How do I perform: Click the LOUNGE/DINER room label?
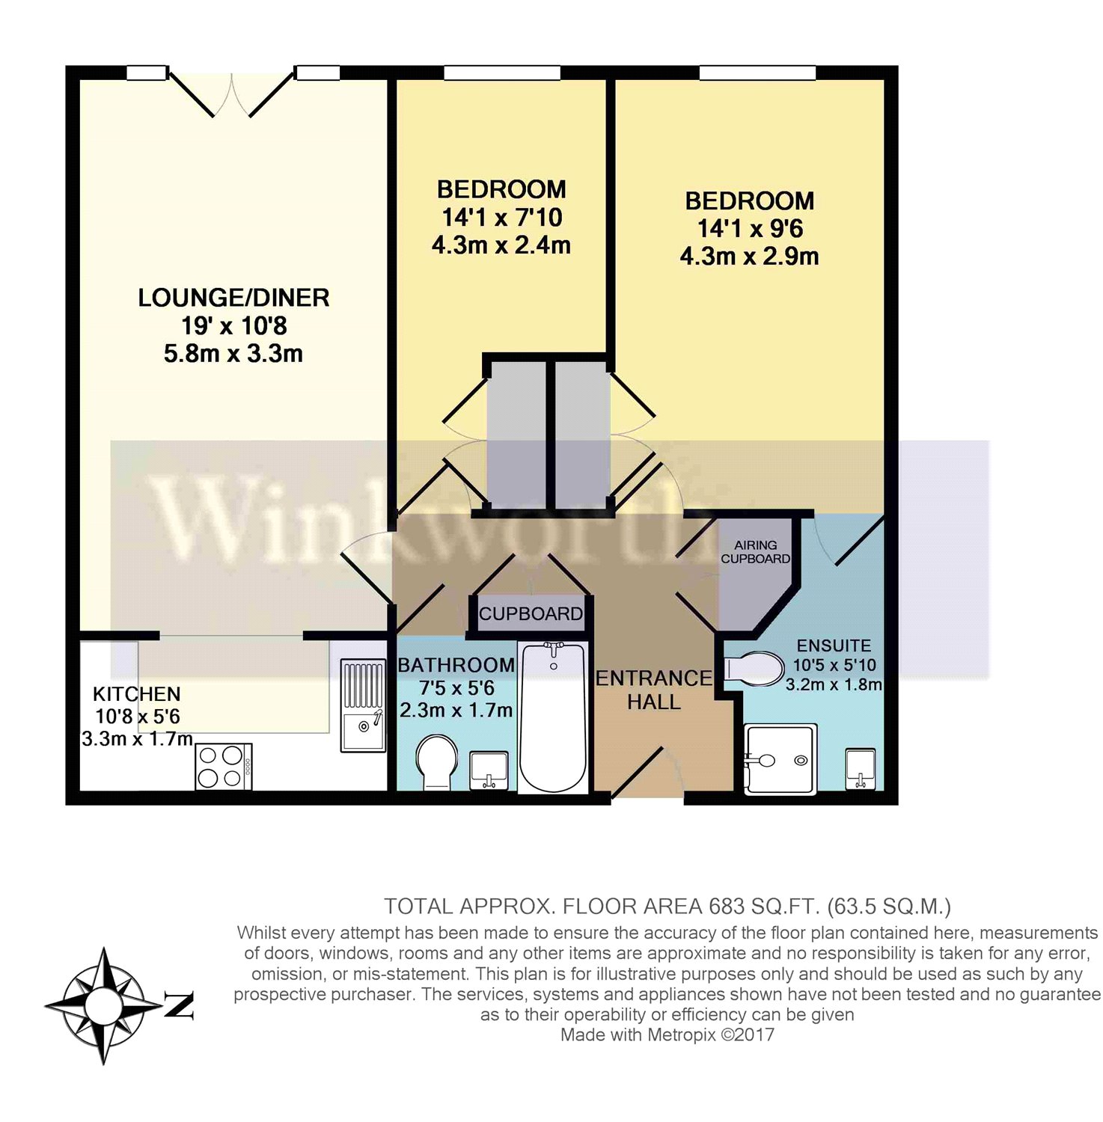point(233,298)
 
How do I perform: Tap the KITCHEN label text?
point(136,694)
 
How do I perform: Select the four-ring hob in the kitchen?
point(223,767)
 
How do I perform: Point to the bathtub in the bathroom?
point(553,716)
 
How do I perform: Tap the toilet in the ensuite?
point(753,668)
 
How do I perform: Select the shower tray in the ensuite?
point(778,759)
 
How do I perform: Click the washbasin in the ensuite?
point(861,768)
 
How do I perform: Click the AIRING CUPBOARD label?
point(755,552)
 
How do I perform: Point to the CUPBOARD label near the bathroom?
point(531,614)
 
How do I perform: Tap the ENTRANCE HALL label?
point(653,690)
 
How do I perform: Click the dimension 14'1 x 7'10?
point(501,218)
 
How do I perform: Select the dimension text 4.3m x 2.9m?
point(749,257)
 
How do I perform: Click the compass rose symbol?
point(103,1005)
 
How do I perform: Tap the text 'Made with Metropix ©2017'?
point(667,1035)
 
